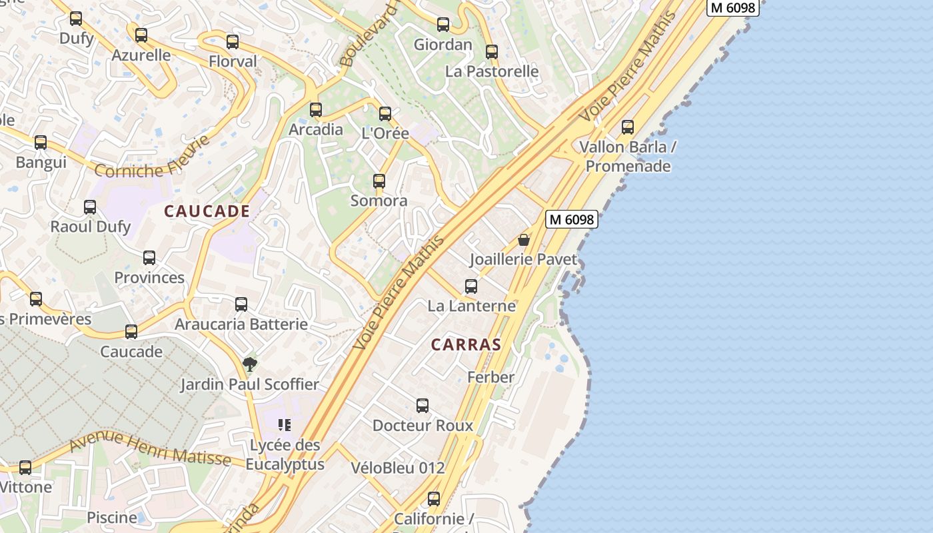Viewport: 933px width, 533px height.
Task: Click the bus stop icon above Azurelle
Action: (x=141, y=35)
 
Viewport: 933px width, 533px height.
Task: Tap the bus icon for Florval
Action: (x=233, y=42)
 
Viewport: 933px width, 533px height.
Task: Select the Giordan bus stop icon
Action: (x=443, y=25)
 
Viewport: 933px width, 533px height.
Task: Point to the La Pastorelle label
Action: (x=492, y=71)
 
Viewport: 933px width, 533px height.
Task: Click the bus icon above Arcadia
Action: (x=316, y=110)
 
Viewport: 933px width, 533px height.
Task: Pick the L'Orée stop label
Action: (x=385, y=133)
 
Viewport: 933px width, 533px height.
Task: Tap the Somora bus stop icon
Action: (x=379, y=181)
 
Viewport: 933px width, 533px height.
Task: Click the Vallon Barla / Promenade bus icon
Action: (x=628, y=127)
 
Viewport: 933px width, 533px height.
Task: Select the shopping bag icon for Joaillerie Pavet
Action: (x=524, y=240)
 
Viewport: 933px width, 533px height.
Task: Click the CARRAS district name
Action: (x=466, y=344)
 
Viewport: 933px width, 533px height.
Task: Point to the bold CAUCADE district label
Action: (x=207, y=211)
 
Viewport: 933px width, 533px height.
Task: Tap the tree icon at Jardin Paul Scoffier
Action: (x=250, y=364)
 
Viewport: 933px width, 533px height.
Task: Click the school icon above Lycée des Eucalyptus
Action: (x=285, y=424)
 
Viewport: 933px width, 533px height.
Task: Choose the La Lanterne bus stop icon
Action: (x=471, y=286)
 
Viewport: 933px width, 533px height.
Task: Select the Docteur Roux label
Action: (x=423, y=425)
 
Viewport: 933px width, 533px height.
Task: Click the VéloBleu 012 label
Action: (x=398, y=468)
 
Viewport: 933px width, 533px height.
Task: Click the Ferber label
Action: (x=491, y=377)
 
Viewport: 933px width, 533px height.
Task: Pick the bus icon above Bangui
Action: (x=41, y=143)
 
